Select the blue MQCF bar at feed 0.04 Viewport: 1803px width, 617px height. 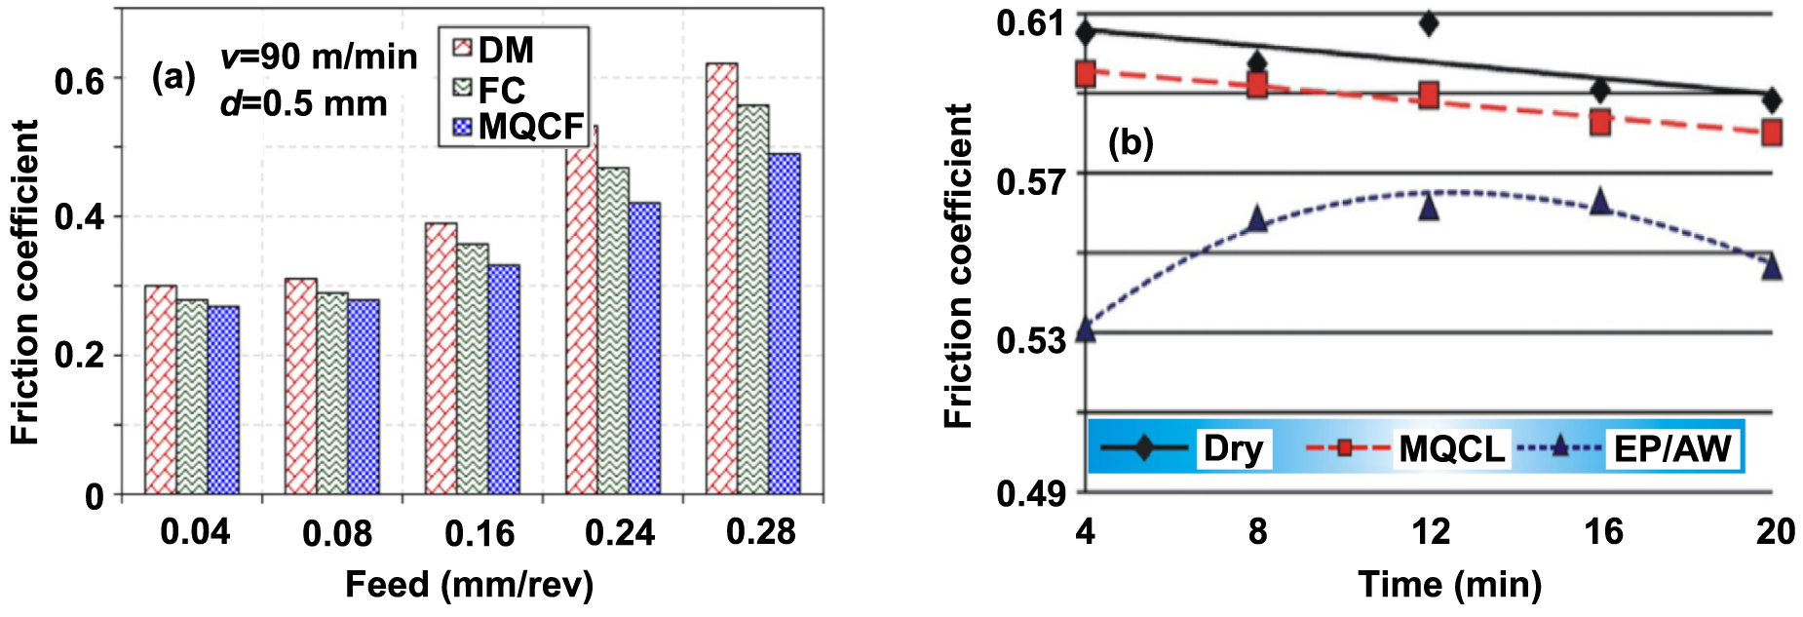tap(223, 400)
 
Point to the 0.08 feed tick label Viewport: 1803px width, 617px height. tap(336, 533)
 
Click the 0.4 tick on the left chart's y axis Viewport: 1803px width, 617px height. tap(79, 216)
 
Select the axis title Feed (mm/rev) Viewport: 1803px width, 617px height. tap(469, 585)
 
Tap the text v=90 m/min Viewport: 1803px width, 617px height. tap(319, 58)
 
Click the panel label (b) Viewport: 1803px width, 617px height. tap(1131, 143)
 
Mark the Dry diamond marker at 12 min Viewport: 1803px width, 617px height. tap(1429, 23)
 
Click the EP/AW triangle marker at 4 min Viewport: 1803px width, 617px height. tap(1086, 330)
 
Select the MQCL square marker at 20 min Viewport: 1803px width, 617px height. tap(1772, 132)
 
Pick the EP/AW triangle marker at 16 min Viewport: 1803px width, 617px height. tap(1600, 202)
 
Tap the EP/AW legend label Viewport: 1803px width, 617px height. tap(1672, 449)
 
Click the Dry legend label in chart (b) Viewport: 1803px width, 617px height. tap(1233, 448)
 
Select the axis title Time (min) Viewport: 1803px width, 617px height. tap(1449, 585)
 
